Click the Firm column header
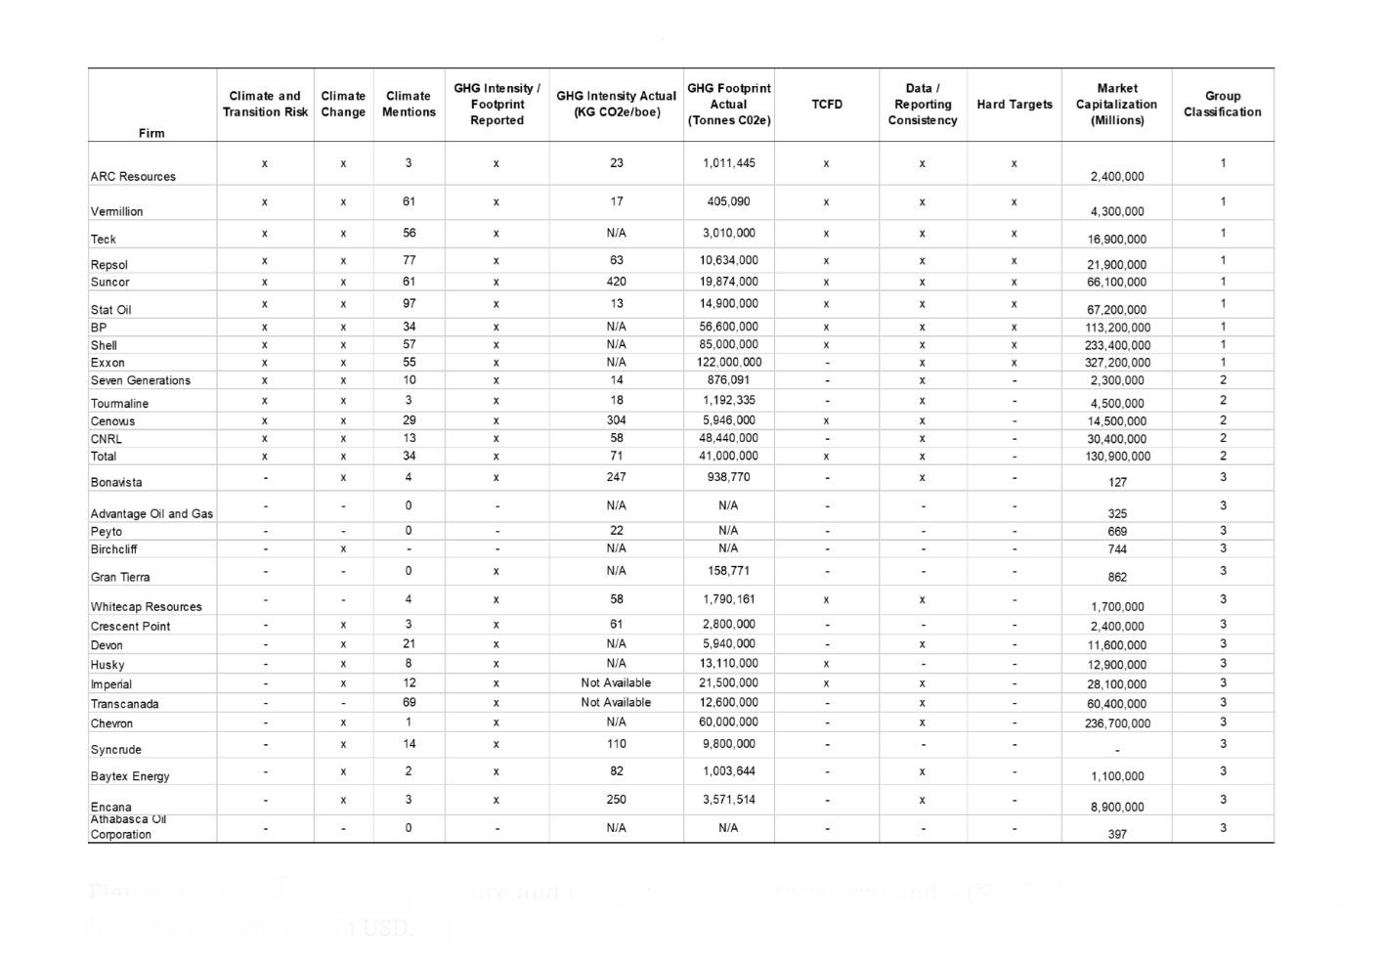(x=151, y=133)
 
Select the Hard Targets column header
(x=1015, y=105)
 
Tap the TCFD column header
(x=827, y=105)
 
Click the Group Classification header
(x=1223, y=105)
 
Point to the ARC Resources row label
(x=133, y=177)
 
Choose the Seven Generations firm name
(x=141, y=380)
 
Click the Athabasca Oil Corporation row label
(x=128, y=827)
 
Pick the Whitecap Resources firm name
(x=147, y=606)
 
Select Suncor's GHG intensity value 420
(x=616, y=282)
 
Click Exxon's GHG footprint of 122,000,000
(x=729, y=362)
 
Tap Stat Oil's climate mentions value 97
(x=409, y=304)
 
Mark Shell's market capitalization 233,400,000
(x=1117, y=345)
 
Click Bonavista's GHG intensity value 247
(x=616, y=477)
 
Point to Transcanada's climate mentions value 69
(x=409, y=702)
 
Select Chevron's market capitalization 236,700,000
(x=1117, y=723)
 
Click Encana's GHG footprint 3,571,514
(x=729, y=799)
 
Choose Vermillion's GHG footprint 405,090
(x=729, y=201)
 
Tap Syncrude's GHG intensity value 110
(x=616, y=744)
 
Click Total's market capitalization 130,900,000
(x=1117, y=457)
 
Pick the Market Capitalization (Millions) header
(x=1117, y=105)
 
